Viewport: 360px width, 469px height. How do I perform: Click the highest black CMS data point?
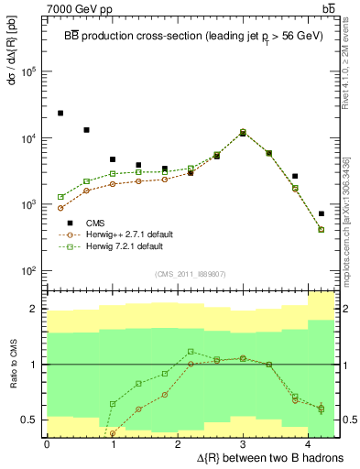pyautogui.click(x=60, y=113)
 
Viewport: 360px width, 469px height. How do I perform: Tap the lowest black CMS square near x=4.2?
pyautogui.click(x=321, y=213)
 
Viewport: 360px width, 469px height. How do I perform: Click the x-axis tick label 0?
pyautogui.click(x=47, y=444)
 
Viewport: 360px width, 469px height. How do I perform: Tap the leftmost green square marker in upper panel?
pyautogui.click(x=60, y=197)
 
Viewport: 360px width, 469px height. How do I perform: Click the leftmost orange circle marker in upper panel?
pyautogui.click(x=60, y=208)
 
